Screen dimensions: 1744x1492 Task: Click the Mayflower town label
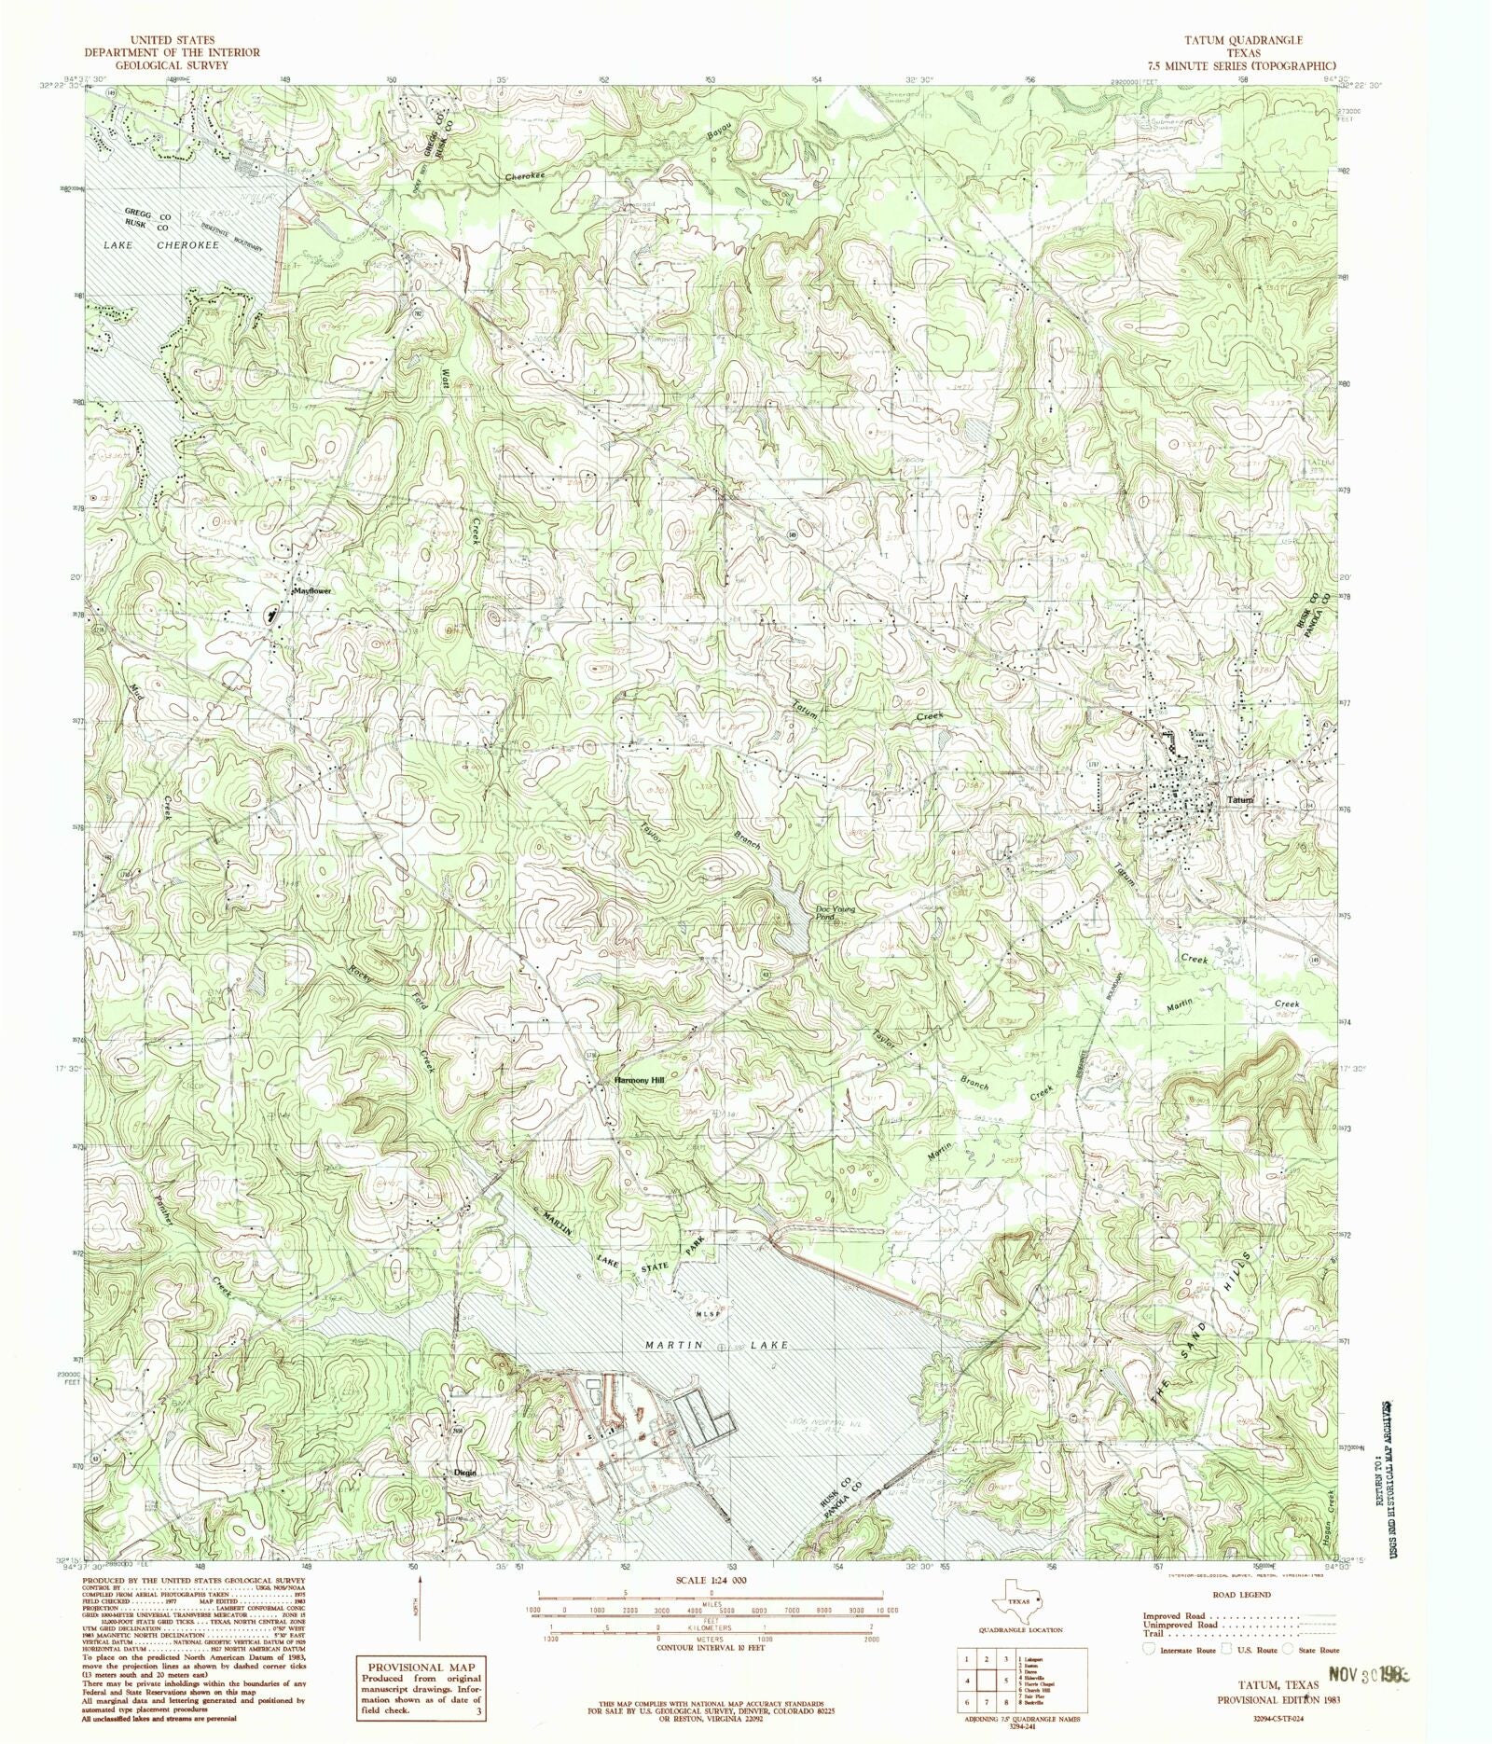click(312, 591)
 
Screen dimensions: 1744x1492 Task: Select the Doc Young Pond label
click(836, 913)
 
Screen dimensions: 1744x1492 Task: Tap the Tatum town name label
click(1240, 800)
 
